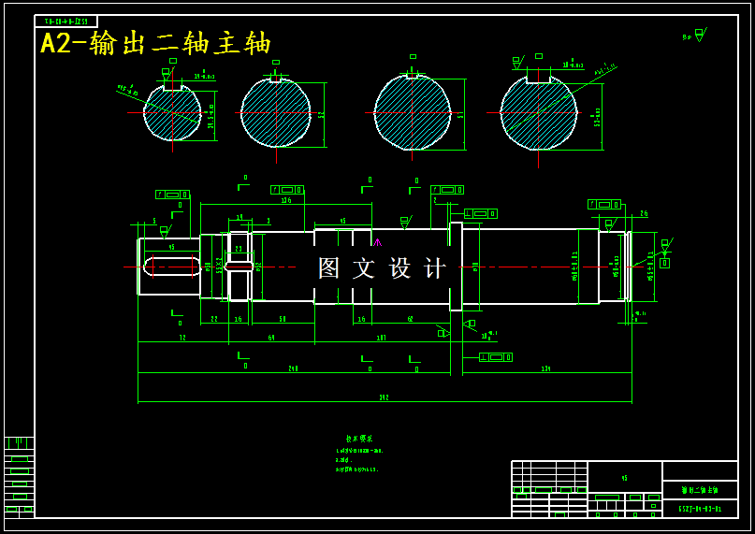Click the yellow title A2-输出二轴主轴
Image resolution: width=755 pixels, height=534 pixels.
tap(155, 43)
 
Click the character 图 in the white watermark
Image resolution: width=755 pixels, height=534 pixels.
tap(329, 268)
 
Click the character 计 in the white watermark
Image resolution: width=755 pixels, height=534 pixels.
tap(435, 268)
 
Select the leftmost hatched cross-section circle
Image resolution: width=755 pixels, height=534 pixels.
tap(172, 113)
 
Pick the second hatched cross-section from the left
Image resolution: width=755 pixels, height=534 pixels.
tap(275, 113)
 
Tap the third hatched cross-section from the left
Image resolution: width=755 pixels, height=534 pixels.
tap(413, 112)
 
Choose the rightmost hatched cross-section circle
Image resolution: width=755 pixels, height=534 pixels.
tap(538, 113)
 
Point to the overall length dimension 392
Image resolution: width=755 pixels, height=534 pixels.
tap(384, 397)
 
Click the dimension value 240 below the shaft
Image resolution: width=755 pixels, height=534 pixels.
tap(293, 368)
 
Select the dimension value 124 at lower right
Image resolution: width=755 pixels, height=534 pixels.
tap(545, 368)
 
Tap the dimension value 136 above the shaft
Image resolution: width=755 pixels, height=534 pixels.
tap(286, 199)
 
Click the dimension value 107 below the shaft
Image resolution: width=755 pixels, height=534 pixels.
tap(381, 338)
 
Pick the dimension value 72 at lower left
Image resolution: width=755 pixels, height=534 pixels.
tap(182, 338)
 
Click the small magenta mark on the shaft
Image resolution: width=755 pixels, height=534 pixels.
tap(377, 242)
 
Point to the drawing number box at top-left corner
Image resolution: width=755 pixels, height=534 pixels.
tap(65, 21)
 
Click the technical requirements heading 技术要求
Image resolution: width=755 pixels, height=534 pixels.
tap(358, 438)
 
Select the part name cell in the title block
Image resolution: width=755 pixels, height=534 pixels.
tap(700, 489)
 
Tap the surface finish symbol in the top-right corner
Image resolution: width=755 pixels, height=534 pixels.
tap(698, 36)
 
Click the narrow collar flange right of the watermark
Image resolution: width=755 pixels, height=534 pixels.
tap(456, 267)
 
